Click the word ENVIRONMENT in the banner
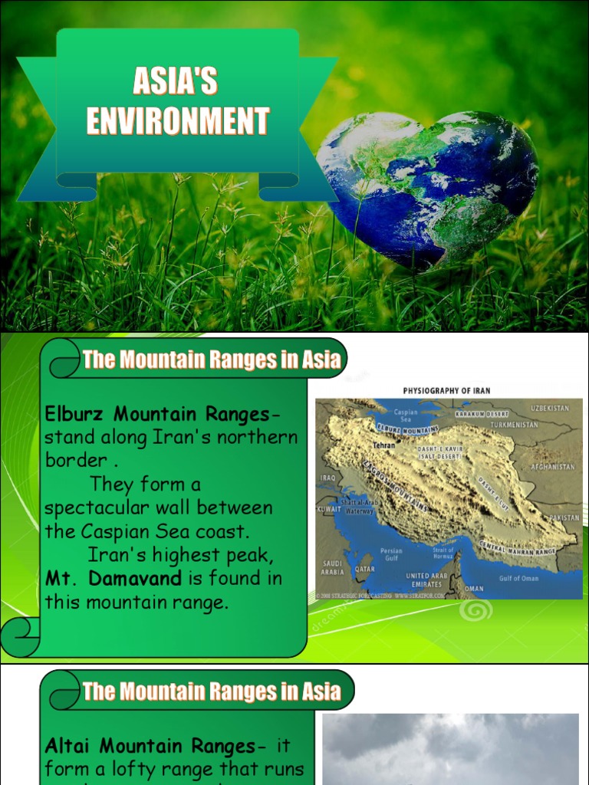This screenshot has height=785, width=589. pyautogui.click(x=178, y=121)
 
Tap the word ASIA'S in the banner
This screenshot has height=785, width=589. pyautogui.click(x=176, y=81)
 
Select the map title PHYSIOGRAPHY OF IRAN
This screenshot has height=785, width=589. pyautogui.click(x=446, y=391)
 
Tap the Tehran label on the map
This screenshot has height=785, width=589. pyautogui.click(x=383, y=445)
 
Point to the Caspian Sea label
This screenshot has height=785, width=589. pyautogui.click(x=406, y=416)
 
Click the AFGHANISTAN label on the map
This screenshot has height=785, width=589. pyautogui.click(x=552, y=466)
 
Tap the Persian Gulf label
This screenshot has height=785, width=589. pyautogui.click(x=391, y=553)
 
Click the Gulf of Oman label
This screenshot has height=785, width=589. pyautogui.click(x=519, y=578)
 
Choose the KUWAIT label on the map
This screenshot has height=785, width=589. pyautogui.click(x=327, y=509)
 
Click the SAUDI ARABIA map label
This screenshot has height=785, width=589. pyautogui.click(x=334, y=567)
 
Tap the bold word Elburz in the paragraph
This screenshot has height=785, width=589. pyautogui.click(x=75, y=415)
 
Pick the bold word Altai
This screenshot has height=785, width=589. pyautogui.click(x=69, y=746)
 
